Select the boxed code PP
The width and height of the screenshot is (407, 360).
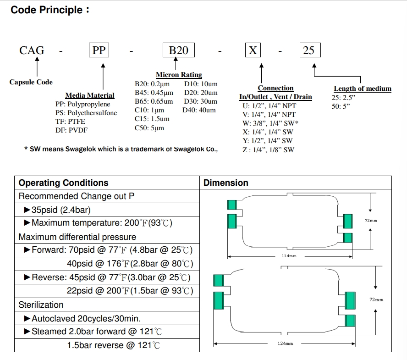coord(99,50)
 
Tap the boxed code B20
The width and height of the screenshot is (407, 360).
coord(179,50)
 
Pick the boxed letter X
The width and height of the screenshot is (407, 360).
coord(253,50)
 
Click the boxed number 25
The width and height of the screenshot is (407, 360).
coord(309,50)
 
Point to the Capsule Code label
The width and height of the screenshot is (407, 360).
coord(31,82)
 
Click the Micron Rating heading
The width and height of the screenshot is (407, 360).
coord(179,75)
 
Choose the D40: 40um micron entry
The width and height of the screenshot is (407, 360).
coord(200,110)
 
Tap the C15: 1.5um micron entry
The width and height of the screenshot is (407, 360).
coord(152,119)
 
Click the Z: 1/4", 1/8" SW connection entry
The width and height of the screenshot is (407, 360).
coord(269,150)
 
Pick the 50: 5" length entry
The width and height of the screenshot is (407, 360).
coord(341,106)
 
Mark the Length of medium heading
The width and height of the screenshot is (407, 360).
coord(363,89)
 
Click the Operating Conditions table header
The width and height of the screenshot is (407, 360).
coord(63,183)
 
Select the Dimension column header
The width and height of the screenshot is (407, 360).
coord(226,183)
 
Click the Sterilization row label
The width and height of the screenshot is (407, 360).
coord(41,305)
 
